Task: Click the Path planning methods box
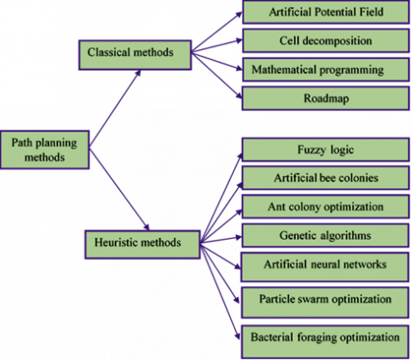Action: click(x=45, y=149)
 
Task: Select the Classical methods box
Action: click(x=135, y=55)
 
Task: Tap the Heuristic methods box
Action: click(x=142, y=245)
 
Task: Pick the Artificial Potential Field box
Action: click(x=326, y=12)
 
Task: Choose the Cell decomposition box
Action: click(x=326, y=40)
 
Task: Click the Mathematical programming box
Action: click(x=326, y=70)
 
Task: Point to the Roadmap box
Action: click(x=326, y=99)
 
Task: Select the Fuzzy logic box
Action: click(x=326, y=149)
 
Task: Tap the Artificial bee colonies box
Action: click(x=326, y=178)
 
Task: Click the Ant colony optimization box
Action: click(x=326, y=206)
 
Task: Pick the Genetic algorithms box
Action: click(x=325, y=235)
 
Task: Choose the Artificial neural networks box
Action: click(x=325, y=267)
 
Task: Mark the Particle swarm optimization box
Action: click(x=325, y=302)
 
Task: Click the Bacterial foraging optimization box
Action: click(x=325, y=341)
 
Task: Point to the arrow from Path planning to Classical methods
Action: click(x=115, y=108)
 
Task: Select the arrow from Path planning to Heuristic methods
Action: click(x=119, y=189)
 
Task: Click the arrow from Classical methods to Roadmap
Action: click(x=216, y=75)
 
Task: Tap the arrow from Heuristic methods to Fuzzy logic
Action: click(x=221, y=198)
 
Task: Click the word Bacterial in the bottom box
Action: click(x=272, y=337)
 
